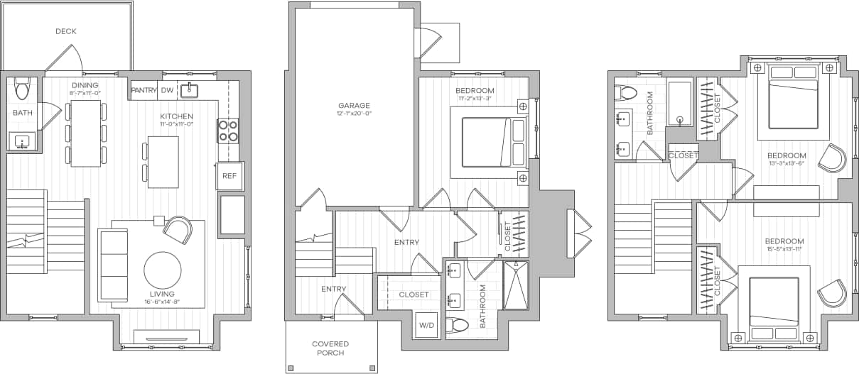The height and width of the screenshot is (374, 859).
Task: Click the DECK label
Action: click(65, 31)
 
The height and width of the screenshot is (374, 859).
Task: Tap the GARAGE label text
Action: click(353, 105)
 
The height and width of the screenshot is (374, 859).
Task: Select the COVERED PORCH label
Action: click(330, 348)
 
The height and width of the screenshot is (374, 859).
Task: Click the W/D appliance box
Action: click(426, 325)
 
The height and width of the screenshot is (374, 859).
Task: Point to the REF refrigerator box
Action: click(229, 176)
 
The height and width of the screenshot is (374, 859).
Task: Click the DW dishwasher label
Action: click(167, 90)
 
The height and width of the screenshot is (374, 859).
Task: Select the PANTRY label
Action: click(144, 90)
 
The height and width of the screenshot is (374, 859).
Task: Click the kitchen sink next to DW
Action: click(189, 89)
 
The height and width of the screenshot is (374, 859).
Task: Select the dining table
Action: click(85, 133)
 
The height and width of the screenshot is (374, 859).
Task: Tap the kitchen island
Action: click(163, 162)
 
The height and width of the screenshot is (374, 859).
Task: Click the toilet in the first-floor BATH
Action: click(21, 87)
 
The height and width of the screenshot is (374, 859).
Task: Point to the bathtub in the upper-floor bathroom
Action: click(680, 104)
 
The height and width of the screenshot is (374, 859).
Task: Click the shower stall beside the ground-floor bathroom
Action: click(516, 285)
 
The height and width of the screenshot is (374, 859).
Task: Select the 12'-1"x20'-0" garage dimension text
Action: click(353, 114)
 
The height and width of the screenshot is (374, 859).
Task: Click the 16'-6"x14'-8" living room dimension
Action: click(161, 302)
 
